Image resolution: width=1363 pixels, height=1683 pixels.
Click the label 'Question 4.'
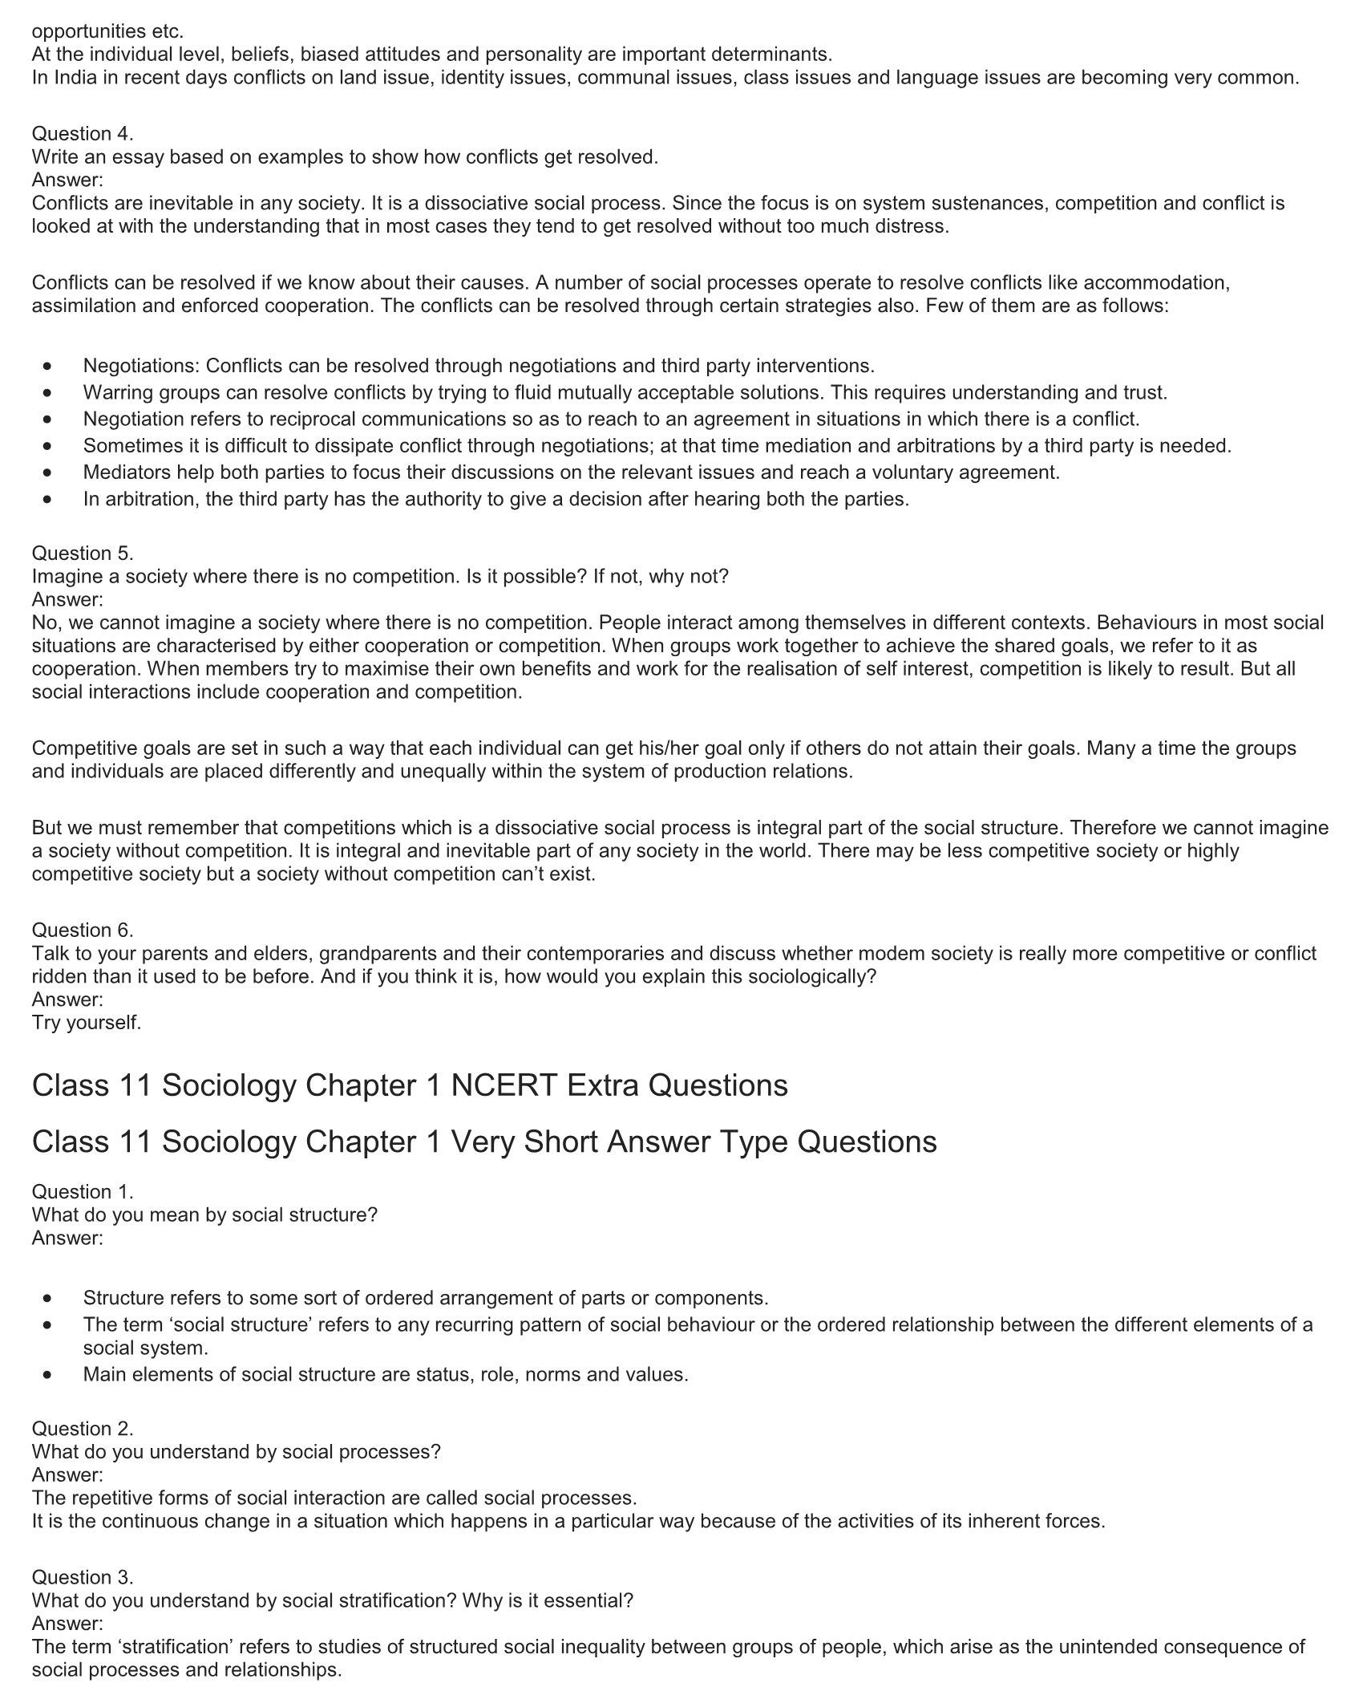83,134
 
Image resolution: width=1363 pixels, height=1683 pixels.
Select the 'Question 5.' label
83,554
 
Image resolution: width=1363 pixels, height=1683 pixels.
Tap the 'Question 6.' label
83,931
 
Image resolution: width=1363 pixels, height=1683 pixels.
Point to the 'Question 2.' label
83,1429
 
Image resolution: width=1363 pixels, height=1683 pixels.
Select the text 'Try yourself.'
87,1023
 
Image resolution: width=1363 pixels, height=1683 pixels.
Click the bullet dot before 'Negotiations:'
50,367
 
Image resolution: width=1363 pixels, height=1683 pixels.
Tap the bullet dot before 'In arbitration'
50,500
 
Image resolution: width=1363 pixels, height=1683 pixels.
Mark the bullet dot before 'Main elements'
50,1375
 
